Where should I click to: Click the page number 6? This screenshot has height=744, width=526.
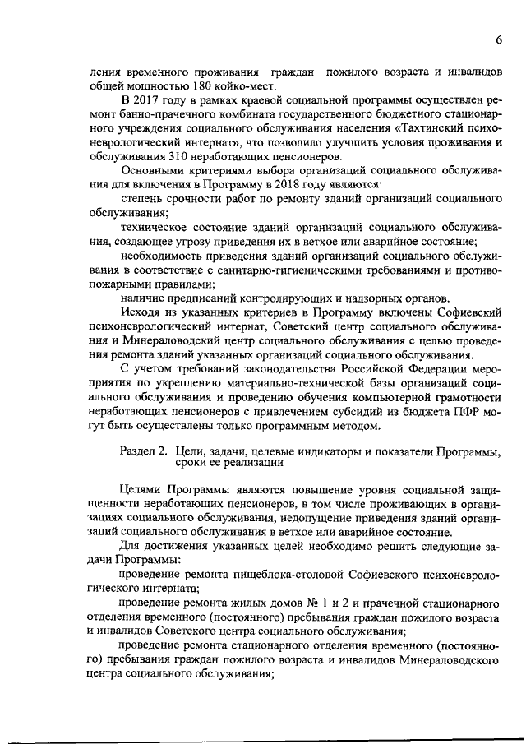(x=499, y=41)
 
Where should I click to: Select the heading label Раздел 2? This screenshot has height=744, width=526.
(x=145, y=452)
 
